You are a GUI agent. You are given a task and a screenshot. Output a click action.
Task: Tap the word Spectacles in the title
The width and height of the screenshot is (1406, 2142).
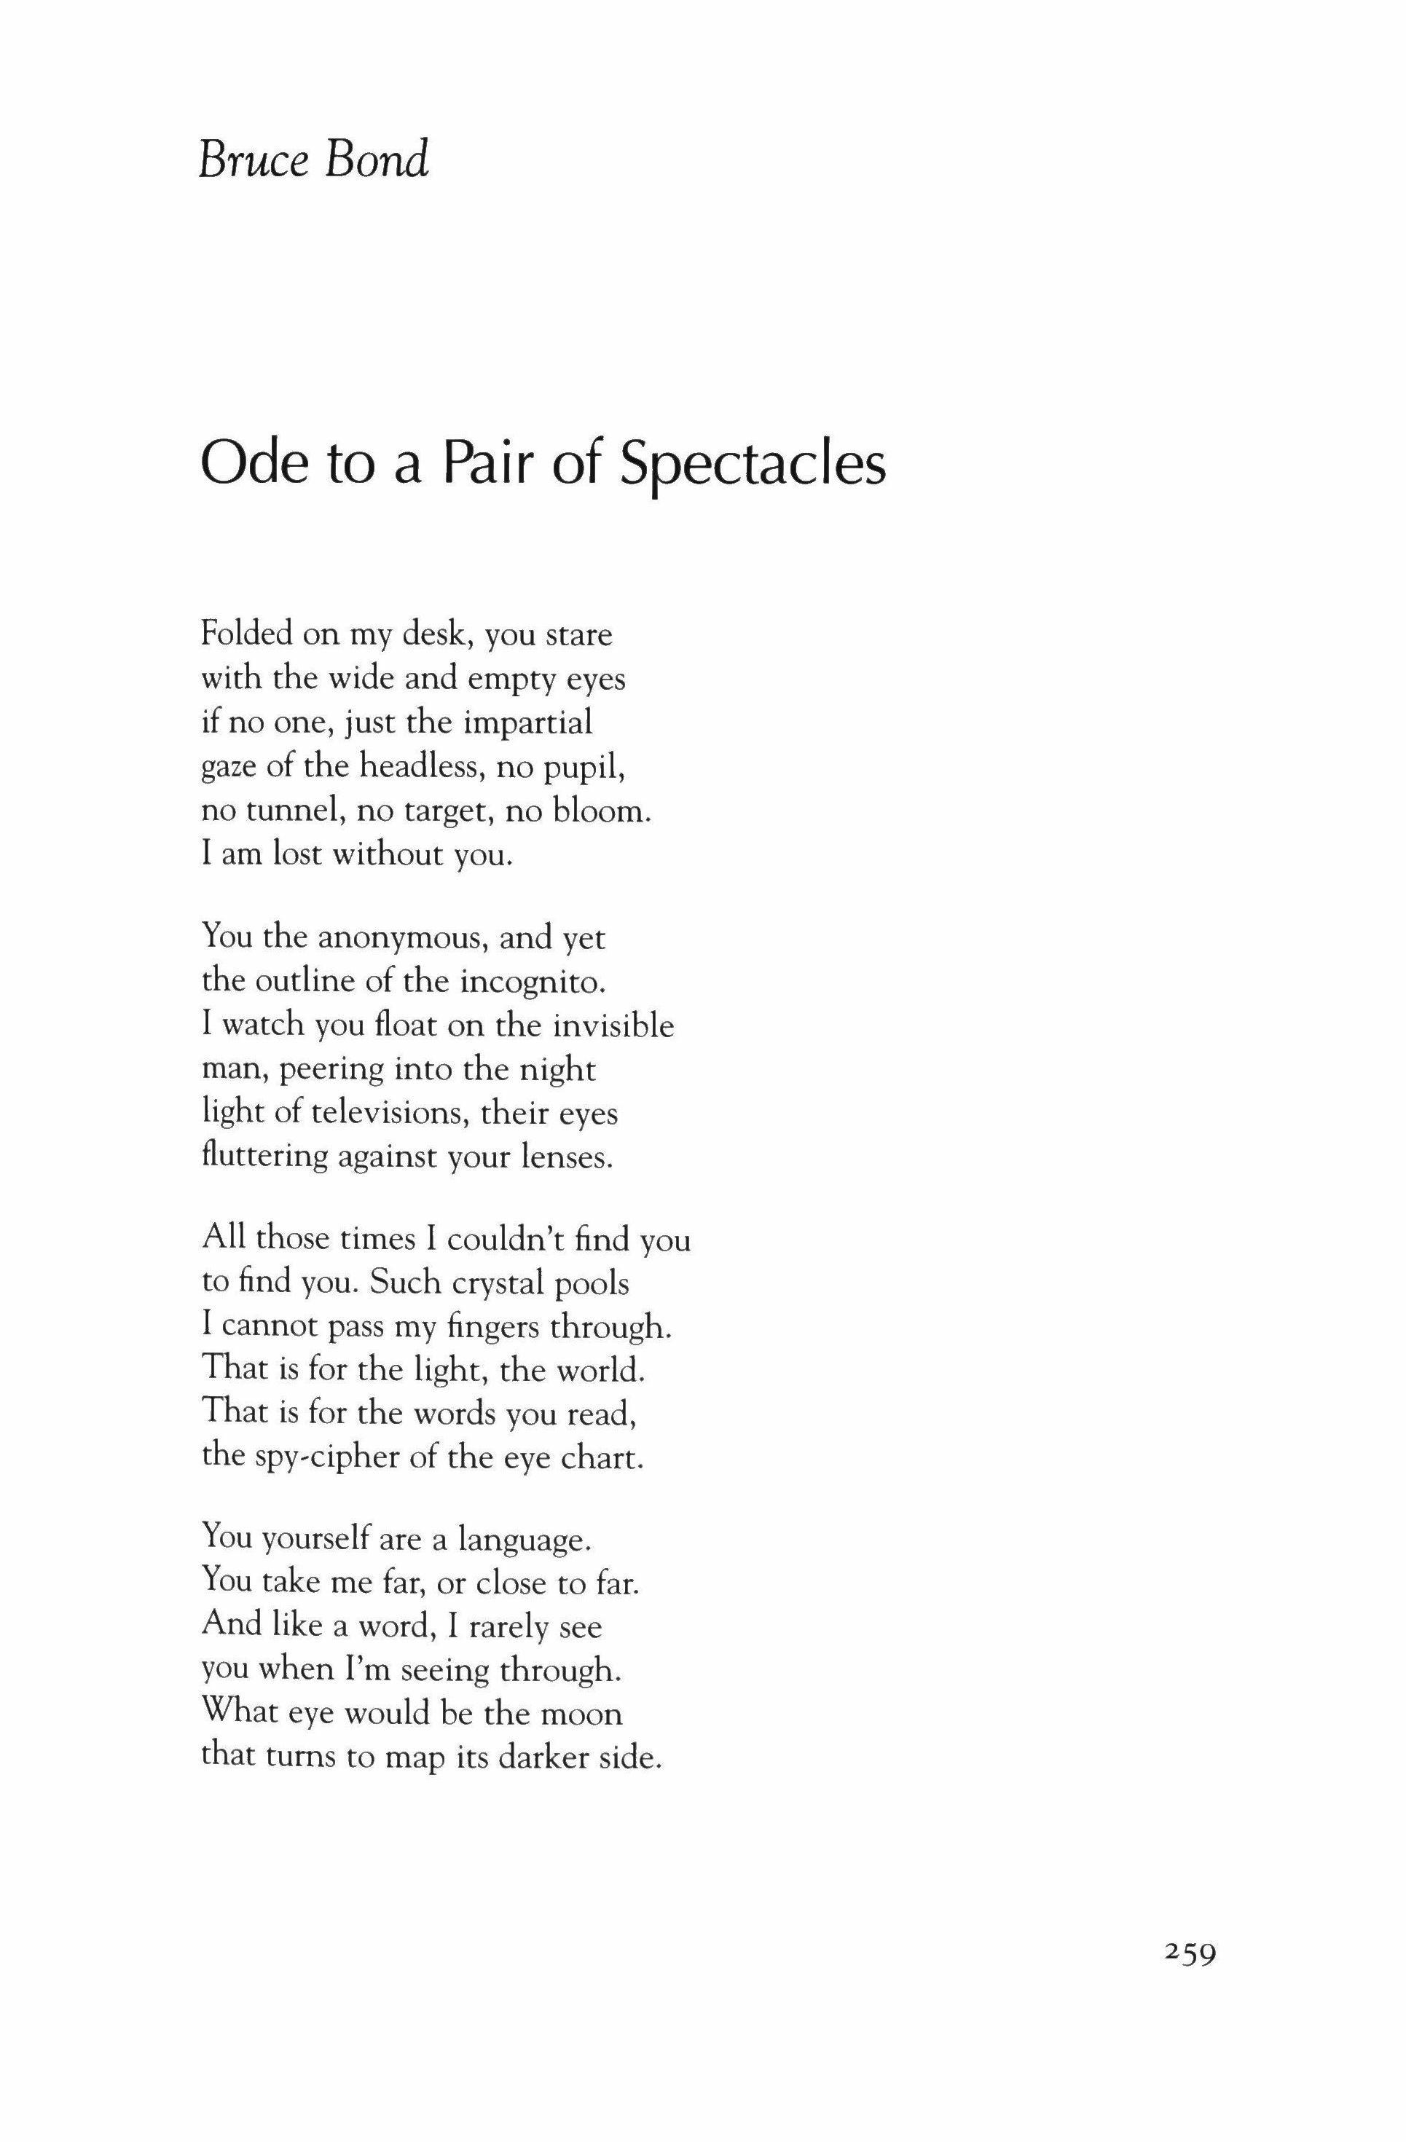[753, 465]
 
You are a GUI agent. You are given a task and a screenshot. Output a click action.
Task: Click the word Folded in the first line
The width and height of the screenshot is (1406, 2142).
[246, 634]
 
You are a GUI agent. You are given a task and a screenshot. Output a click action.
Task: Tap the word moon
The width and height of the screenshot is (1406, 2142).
[581, 1713]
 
